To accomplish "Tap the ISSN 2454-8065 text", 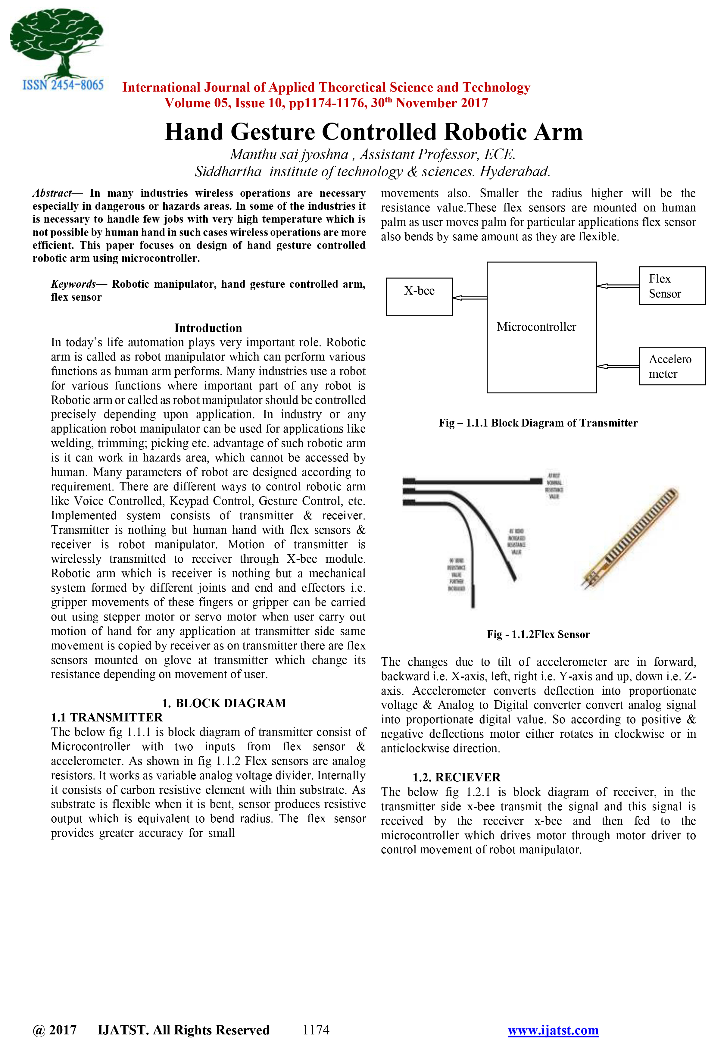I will (63, 85).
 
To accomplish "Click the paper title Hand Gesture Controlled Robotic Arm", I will (373, 132).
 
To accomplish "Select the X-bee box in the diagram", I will (419, 297).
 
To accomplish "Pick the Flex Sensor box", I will (672, 286).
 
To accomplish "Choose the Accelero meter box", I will (672, 366).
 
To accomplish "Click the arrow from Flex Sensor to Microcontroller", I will (618, 286).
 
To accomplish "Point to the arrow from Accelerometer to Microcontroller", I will (618, 366).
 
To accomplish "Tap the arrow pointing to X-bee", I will (470, 298).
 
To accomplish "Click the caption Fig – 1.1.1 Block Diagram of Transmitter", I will (538, 423).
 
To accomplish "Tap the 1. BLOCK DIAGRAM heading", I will (224, 703).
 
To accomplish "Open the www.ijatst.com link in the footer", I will (553, 1030).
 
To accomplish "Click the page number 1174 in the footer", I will (316, 1030).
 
